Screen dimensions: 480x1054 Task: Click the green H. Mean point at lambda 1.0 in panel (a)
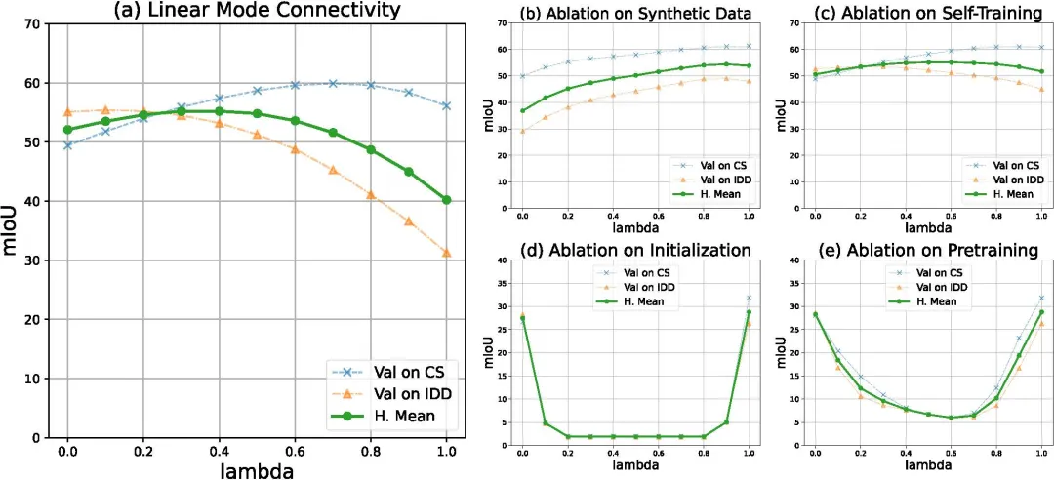447,200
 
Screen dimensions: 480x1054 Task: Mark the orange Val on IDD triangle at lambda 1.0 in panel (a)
447,253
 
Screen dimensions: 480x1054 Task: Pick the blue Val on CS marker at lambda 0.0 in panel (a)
67,145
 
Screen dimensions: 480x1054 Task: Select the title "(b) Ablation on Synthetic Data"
635,12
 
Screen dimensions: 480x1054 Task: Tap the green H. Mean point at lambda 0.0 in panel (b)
523,110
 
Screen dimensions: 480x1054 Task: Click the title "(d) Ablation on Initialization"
635,249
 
